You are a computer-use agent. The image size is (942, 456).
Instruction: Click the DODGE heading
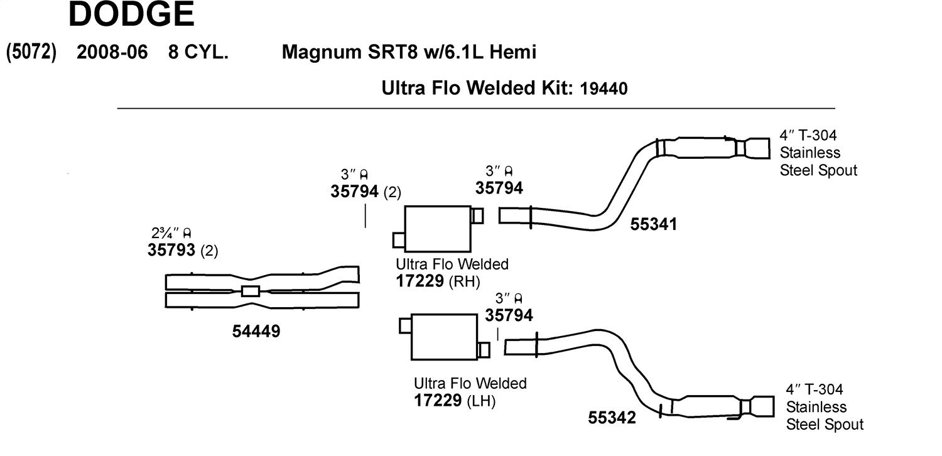131,14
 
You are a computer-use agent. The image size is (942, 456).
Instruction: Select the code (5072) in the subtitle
31,52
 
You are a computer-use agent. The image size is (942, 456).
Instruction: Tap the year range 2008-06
112,52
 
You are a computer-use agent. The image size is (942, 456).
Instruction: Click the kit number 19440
604,89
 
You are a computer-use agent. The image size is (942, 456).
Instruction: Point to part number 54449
256,332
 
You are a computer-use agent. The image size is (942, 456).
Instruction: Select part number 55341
654,224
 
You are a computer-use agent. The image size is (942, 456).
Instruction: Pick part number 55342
612,418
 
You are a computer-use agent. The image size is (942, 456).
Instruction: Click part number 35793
171,250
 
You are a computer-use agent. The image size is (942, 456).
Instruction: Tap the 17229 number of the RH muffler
420,281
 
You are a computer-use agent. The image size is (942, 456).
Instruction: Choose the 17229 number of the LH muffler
438,401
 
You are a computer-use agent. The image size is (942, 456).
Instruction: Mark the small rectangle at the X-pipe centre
251,291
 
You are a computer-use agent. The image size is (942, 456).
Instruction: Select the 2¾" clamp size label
171,232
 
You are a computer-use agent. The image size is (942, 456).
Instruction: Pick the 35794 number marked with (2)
355,192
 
